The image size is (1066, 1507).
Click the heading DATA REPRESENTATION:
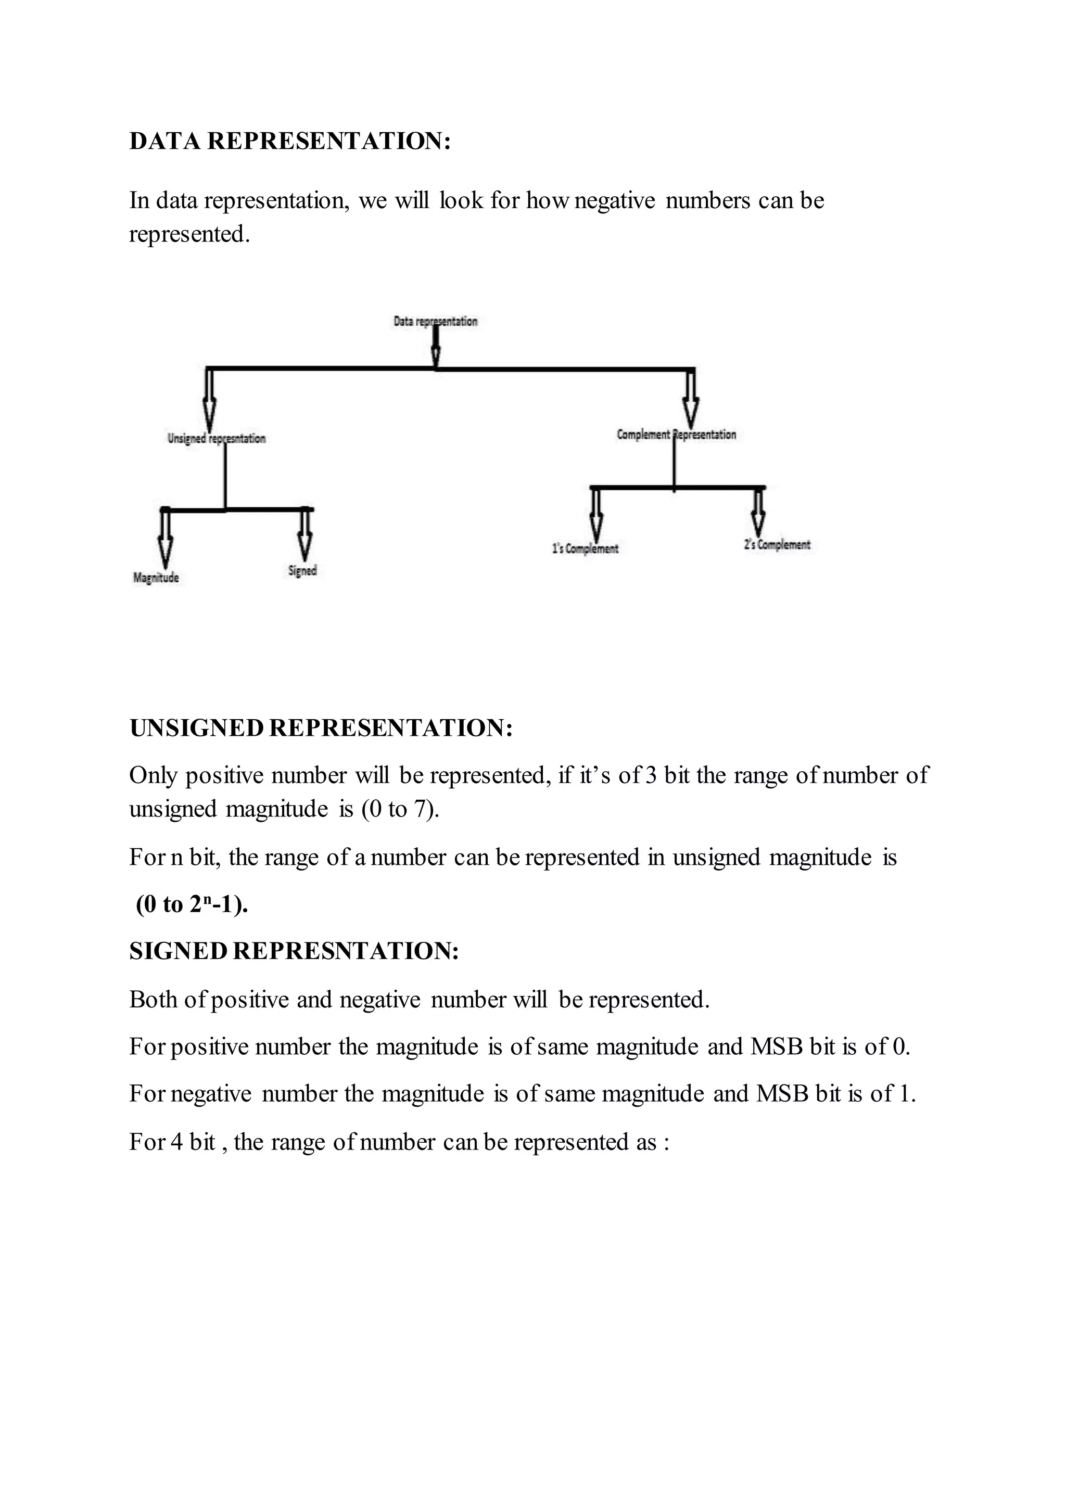289,141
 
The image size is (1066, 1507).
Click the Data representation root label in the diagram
435,321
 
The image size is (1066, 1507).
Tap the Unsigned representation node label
217,439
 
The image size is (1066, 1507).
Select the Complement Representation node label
676,435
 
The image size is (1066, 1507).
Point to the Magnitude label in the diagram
156,578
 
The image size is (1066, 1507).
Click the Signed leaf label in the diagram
302,570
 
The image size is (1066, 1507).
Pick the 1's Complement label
585,548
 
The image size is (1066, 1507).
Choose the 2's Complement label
777,544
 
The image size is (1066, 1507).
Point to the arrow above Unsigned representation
209,400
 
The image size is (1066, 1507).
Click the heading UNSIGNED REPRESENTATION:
320,728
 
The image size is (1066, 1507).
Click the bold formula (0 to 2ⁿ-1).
192,904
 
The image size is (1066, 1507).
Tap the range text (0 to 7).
400,809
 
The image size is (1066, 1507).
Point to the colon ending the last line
666,1143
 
